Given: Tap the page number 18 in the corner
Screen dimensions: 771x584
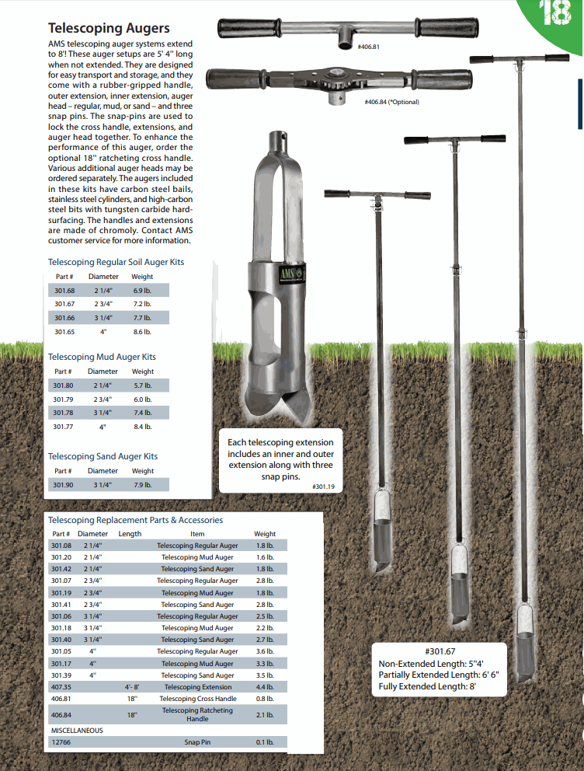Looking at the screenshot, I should click(557, 13).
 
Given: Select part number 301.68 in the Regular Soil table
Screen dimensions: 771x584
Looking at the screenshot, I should click(64, 290).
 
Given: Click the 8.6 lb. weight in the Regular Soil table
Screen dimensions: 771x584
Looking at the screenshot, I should click(142, 332).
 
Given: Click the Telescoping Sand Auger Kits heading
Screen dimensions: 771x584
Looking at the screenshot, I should click(103, 456).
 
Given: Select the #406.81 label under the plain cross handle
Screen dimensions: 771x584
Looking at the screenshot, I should click(368, 47).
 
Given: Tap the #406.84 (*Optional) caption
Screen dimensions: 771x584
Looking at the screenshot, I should click(391, 102).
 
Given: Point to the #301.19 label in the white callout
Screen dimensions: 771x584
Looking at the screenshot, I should click(323, 487).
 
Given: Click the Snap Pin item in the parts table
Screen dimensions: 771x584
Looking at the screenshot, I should click(197, 742).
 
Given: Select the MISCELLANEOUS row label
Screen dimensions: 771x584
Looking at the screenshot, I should click(77, 731).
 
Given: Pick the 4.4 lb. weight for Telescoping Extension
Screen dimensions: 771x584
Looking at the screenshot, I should click(265, 687).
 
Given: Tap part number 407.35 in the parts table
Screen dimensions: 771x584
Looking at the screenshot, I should click(61, 687).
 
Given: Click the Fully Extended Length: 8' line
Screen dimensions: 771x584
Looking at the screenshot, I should click(426, 686).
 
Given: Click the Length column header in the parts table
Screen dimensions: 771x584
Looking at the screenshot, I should click(130, 534).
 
